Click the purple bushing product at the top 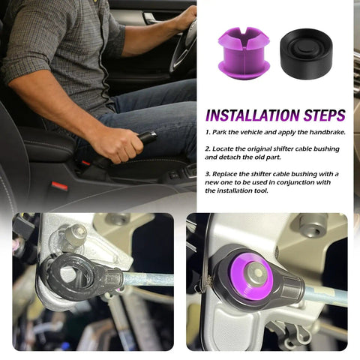click(244, 53)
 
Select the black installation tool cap click(306, 53)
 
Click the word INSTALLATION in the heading click(252, 115)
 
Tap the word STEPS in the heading click(325, 115)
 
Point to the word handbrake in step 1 click(327, 132)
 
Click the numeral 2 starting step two click(207, 149)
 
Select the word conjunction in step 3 click(295, 182)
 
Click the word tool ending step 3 click(262, 190)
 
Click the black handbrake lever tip click(149, 136)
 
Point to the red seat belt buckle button click(59, 186)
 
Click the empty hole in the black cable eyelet click(70, 275)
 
